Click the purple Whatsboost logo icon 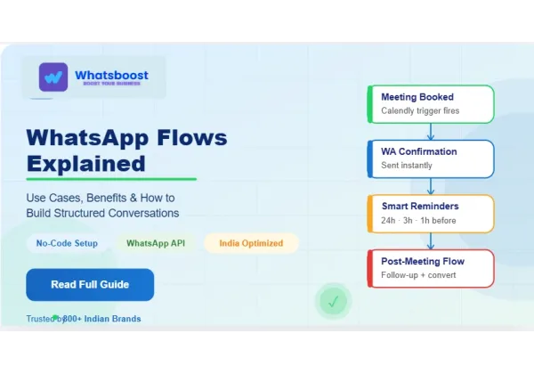[53, 77]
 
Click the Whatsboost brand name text [111, 75]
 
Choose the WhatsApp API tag [156, 243]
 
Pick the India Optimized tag [250, 243]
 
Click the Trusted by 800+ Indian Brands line [84, 318]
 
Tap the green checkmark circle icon [333, 302]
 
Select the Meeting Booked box [431, 104]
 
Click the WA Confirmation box [431, 159]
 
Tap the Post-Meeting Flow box [431, 268]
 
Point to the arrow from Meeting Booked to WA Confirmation [431, 132]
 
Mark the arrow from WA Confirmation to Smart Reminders [431, 186]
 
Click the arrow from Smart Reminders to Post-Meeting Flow [431, 240]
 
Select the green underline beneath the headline [110, 179]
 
